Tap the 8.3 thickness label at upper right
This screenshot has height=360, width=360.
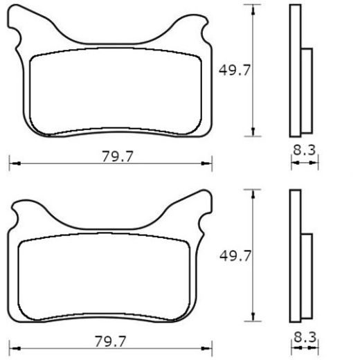[x=305, y=149]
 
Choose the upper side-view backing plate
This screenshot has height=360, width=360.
[x=296, y=69]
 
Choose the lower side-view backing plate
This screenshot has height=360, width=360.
[x=296, y=256]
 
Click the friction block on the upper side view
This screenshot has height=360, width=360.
[x=307, y=90]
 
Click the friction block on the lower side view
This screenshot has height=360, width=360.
[x=307, y=277]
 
